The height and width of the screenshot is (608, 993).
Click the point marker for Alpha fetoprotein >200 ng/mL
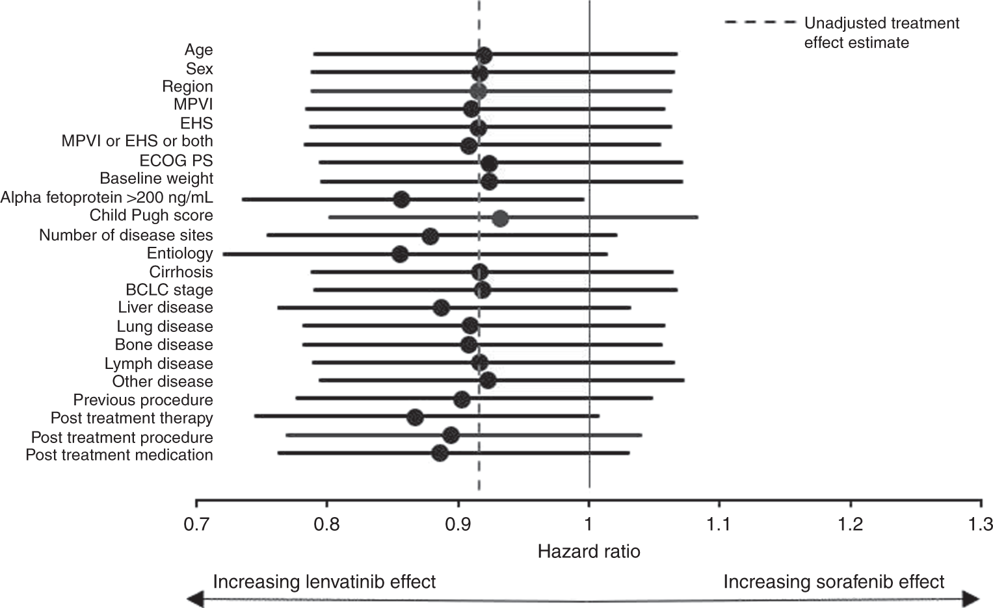[x=401, y=199]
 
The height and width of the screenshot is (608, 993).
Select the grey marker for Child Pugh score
[x=499, y=219]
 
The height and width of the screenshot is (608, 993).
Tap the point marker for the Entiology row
[x=400, y=254]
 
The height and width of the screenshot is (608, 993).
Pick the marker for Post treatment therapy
[x=415, y=418]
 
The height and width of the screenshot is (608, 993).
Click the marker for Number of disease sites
[x=430, y=236]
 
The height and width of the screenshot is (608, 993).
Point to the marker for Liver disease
[x=441, y=307]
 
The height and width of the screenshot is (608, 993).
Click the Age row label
[x=198, y=50]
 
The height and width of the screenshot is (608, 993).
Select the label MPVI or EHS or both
[x=137, y=141]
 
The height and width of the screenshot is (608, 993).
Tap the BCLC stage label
[x=169, y=290]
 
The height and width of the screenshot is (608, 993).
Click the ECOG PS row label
[x=176, y=160]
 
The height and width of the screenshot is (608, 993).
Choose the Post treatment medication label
[x=119, y=455]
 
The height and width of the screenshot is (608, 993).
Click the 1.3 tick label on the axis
[x=980, y=524]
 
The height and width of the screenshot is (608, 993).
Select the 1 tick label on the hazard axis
[x=589, y=524]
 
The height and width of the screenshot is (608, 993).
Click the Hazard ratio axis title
[x=589, y=552]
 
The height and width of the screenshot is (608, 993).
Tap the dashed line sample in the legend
[x=760, y=23]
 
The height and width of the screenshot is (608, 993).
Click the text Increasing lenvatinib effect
[x=324, y=581]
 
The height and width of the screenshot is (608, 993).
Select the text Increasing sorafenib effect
[x=834, y=581]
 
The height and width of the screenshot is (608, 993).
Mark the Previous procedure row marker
[x=462, y=399]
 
